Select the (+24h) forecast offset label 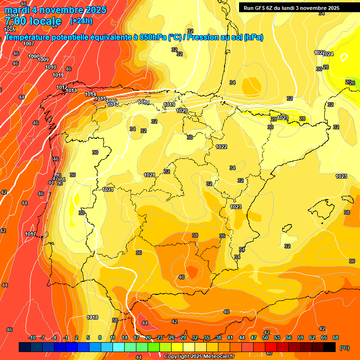81,21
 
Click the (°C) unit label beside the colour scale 344,348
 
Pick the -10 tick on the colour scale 32,337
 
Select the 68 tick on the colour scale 336,337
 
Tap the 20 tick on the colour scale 148,337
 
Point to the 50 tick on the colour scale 265,337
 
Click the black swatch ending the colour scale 330,347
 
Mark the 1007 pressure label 29,44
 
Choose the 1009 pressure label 43,60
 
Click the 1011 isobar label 58,75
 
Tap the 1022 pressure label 221,147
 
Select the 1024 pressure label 328,54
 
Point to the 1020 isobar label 182,111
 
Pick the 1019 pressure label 169,105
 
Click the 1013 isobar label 71,90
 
